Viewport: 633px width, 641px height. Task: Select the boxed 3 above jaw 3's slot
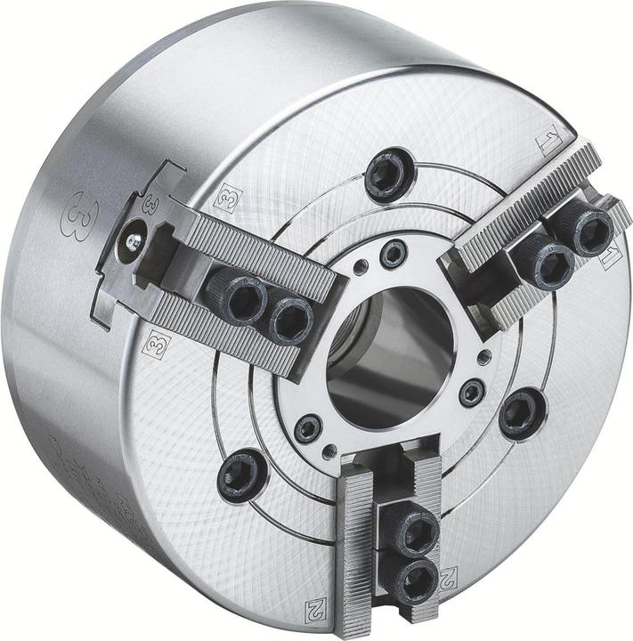pyautogui.click(x=225, y=199)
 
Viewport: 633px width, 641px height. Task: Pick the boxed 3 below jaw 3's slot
pyautogui.click(x=156, y=343)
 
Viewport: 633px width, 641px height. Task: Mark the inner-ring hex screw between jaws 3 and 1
pyautogui.click(x=393, y=256)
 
